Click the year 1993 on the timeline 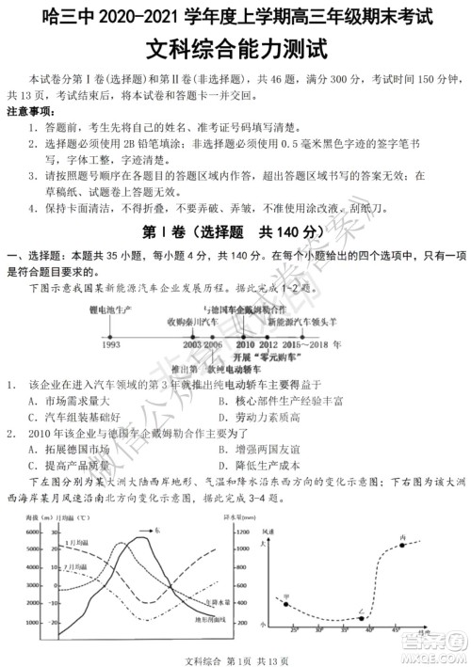click(x=110, y=346)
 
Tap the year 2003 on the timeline click(x=193, y=346)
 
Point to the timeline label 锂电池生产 click(x=110, y=309)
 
